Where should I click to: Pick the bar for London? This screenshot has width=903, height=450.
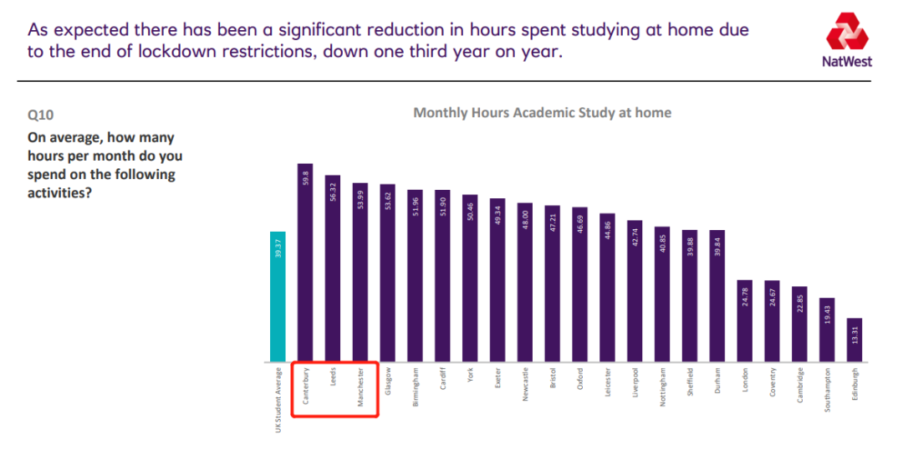pyautogui.click(x=744, y=321)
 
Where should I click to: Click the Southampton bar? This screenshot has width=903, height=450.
pyautogui.click(x=826, y=330)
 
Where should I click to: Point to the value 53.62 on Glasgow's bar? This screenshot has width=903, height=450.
pyautogui.click(x=387, y=202)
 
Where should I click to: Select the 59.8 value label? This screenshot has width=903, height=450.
pyautogui.click(x=305, y=179)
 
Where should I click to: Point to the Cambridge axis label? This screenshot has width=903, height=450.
pyautogui.click(x=799, y=385)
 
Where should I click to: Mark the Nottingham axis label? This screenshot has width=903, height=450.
pyautogui.click(x=662, y=386)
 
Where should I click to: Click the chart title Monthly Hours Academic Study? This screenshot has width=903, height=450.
pyautogui.click(x=542, y=112)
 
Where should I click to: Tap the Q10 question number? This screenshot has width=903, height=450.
pyautogui.click(x=40, y=115)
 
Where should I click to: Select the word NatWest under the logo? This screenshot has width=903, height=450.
pyautogui.click(x=848, y=61)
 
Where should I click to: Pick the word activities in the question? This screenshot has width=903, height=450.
pyautogui.click(x=58, y=192)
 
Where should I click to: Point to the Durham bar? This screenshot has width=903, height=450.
pyautogui.click(x=717, y=296)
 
